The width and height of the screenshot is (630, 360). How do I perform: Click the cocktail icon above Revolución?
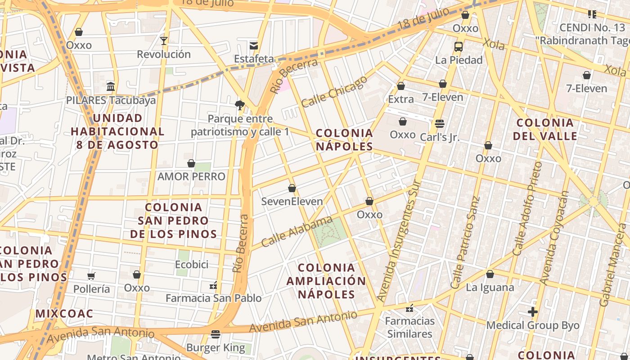[x=164, y=41]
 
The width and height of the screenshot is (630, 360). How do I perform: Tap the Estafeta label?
[x=254, y=59]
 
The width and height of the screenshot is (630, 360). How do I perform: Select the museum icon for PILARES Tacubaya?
[x=111, y=86]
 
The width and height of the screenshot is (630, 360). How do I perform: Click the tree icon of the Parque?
[x=240, y=105]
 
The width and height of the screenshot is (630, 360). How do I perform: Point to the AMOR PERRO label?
[x=191, y=176]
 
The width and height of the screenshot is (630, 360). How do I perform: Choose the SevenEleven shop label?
[x=292, y=201]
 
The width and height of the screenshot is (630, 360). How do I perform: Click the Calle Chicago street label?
[x=334, y=92]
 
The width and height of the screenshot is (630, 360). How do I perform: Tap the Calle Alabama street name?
[x=297, y=231]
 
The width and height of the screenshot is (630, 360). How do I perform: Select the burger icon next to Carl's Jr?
[x=440, y=123]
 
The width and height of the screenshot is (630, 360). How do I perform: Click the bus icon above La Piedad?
[x=459, y=46]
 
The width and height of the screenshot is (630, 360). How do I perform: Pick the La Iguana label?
[x=490, y=287]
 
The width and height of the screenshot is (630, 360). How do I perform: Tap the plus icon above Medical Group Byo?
[x=533, y=311]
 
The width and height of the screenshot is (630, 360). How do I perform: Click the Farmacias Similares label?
[x=409, y=327]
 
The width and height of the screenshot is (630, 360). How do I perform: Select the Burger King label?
[x=216, y=347]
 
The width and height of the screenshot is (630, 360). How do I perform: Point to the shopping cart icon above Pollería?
[x=91, y=276]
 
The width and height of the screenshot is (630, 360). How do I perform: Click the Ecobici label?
[x=192, y=264]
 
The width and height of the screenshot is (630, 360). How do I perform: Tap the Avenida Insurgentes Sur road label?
[x=398, y=241]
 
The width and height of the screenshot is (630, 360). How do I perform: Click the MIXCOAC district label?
[x=64, y=314]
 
